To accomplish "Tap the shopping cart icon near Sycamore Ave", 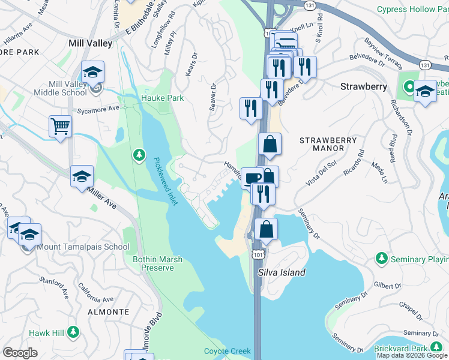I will (60, 127).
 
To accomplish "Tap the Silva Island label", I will (282, 272).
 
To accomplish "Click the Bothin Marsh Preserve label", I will (157, 263).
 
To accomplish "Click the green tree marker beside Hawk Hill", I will (73, 331).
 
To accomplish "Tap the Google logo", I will (20, 353).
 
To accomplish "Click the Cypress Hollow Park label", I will (412, 9).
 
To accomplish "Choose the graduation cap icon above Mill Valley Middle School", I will (92, 72).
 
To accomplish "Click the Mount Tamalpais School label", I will (83, 247).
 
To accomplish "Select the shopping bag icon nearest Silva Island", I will (266, 229).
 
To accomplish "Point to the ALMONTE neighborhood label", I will (108, 312).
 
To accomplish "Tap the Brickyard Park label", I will (414, 349).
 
